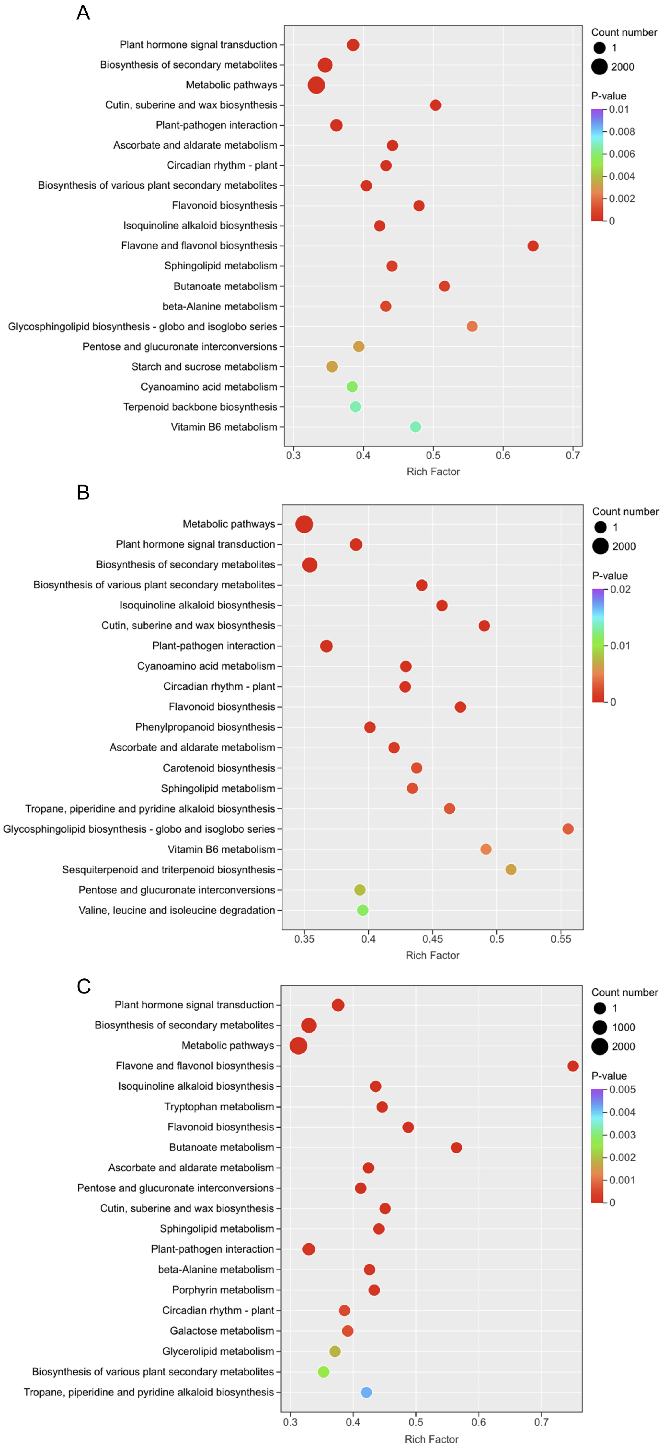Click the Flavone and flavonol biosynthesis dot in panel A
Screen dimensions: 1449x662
pyautogui.click(x=533, y=246)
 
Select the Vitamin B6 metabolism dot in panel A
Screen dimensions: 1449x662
pyautogui.click(x=415, y=427)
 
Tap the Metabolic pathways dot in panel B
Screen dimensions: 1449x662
pyautogui.click(x=304, y=524)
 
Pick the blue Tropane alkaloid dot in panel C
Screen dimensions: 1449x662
pyautogui.click(x=366, y=1392)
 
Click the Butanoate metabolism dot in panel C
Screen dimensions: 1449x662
pyautogui.click(x=456, y=1148)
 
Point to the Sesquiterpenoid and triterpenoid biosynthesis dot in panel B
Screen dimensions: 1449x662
pyautogui.click(x=511, y=870)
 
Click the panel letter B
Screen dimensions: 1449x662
pyautogui.click(x=83, y=493)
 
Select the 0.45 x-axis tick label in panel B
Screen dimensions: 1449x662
pyautogui.click(x=432, y=939)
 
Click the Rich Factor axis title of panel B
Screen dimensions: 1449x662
pyautogui.click(x=432, y=955)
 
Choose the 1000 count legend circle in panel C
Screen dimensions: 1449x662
pyautogui.click(x=600, y=1027)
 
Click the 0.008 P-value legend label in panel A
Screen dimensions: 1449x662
pyautogui.click(x=622, y=132)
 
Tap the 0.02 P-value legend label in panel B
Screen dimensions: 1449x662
pyautogui.click(x=620, y=589)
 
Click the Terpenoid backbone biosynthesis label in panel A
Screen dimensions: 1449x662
pyautogui.click(x=200, y=407)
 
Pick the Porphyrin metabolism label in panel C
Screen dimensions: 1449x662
pyautogui.click(x=223, y=1290)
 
